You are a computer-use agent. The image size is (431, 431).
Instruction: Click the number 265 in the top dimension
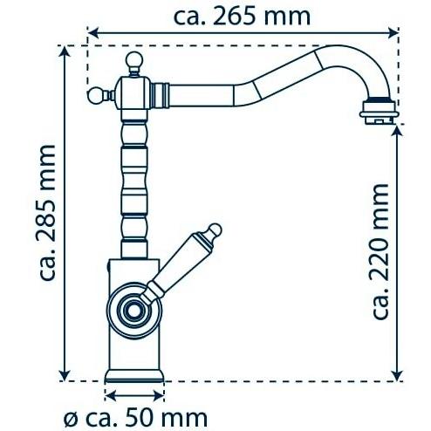point(236,16)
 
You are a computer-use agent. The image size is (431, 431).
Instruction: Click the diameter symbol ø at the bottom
point(72,419)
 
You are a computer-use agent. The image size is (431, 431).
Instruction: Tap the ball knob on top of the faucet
point(134,60)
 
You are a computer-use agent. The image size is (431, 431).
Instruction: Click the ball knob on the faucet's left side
point(96,95)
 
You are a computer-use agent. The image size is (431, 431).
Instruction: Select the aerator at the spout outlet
point(379,111)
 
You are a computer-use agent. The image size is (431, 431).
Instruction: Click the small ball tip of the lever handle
point(215,229)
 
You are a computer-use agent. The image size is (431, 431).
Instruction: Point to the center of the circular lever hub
point(133,311)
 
